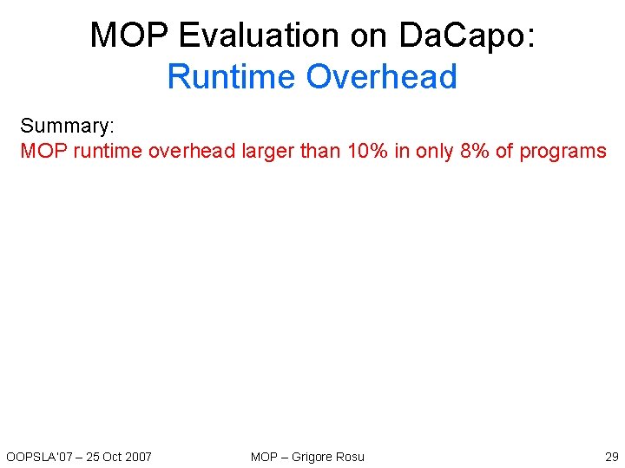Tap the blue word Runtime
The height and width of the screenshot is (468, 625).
(231, 76)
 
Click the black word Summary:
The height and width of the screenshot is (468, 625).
(67, 127)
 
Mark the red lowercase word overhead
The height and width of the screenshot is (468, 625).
(192, 151)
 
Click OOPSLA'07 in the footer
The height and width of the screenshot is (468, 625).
(36, 457)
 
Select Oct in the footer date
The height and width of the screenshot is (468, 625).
(111, 457)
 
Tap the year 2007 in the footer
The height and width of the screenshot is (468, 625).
(138, 457)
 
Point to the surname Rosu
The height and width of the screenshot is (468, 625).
(351, 457)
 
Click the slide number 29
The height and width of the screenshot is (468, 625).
(611, 457)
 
